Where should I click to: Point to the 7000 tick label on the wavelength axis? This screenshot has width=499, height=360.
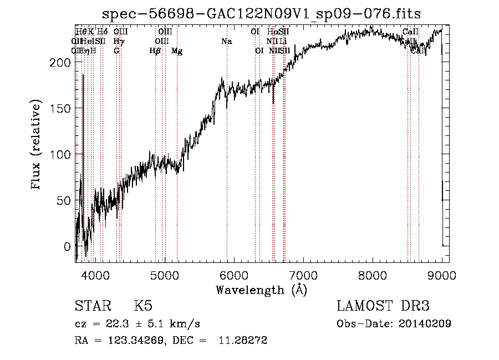(x=303, y=275)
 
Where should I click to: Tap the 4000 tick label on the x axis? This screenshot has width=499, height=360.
(x=95, y=275)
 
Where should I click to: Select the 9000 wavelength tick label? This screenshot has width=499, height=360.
(x=442, y=275)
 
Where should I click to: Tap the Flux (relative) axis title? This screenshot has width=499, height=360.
(x=37, y=146)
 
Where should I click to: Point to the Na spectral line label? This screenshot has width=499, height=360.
(x=226, y=42)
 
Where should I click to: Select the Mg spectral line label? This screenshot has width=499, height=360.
(x=177, y=51)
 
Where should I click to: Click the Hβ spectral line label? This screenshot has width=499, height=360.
(x=155, y=51)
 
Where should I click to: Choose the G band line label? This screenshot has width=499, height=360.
(x=116, y=51)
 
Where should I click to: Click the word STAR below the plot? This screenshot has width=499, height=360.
(x=91, y=307)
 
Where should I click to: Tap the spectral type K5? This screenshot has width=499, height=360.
(x=143, y=307)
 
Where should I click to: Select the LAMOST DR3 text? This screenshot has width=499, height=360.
(x=383, y=307)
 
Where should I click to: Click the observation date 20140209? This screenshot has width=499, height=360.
(x=424, y=324)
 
